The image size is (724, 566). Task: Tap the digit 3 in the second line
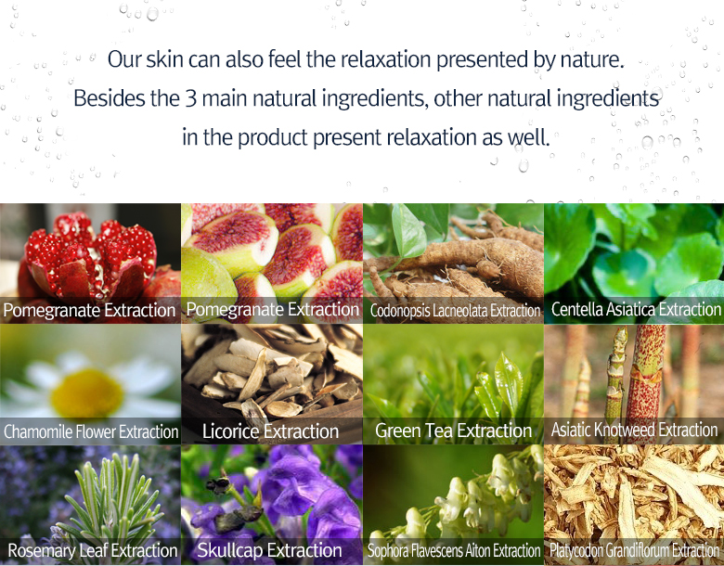(191, 98)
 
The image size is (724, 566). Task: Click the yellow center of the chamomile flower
(87, 392)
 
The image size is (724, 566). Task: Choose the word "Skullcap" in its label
(229, 550)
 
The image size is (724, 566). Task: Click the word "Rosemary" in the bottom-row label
(42, 550)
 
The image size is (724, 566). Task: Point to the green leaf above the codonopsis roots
(408, 231)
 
